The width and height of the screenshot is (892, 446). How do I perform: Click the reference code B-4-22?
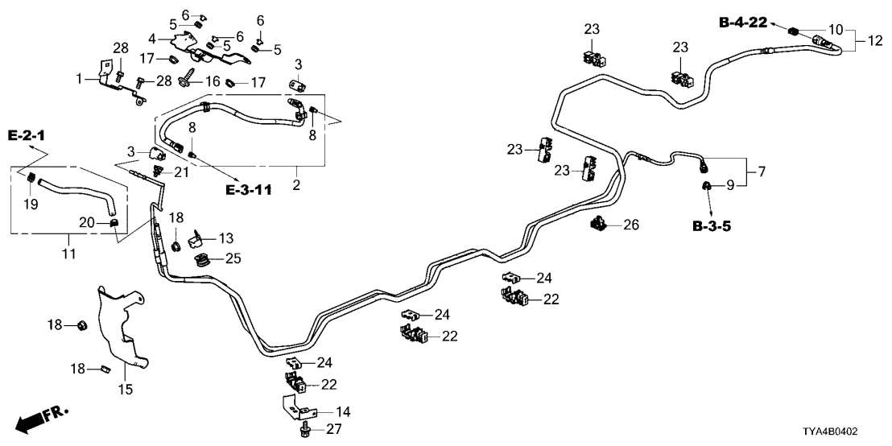742,23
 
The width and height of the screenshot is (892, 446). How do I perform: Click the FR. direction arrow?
41,419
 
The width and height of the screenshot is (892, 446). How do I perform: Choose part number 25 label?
233,259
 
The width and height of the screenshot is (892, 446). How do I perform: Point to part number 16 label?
213,81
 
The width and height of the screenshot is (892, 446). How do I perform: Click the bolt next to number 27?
304,432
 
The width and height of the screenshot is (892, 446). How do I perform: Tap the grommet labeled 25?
204,260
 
